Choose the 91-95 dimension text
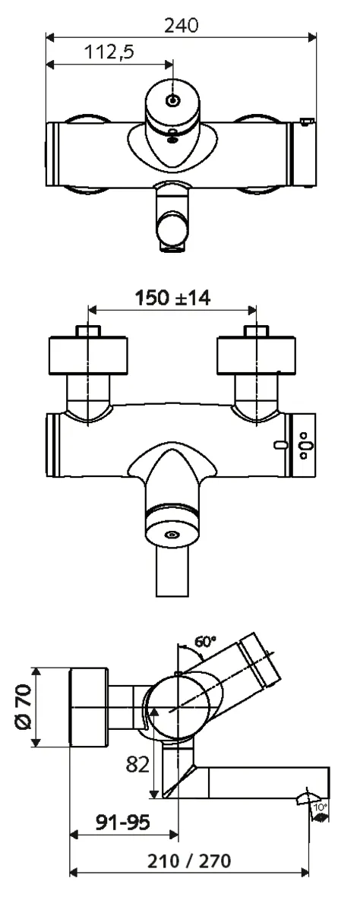click(122, 823)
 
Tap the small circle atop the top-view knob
click(173, 101)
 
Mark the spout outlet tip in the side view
click(312, 794)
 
